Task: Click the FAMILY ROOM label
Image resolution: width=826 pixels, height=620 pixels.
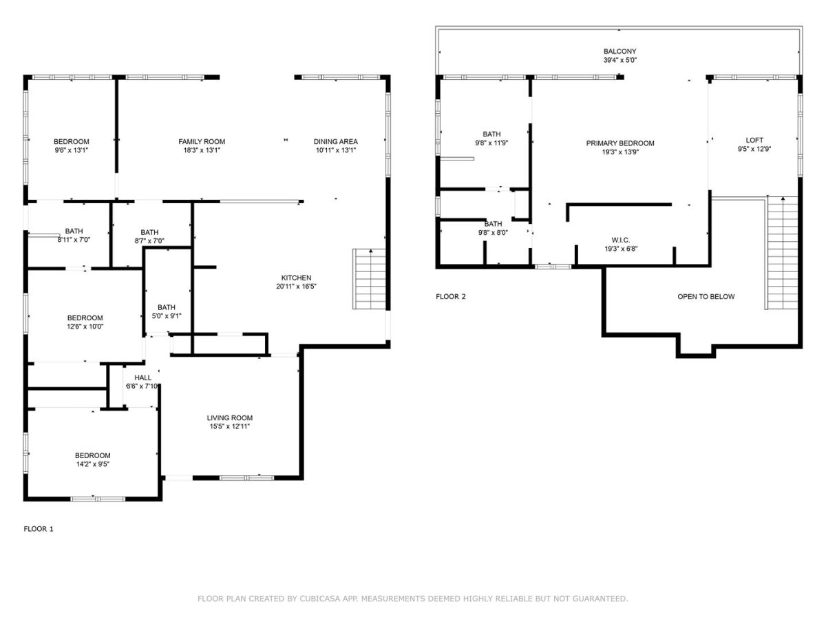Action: click(x=202, y=141)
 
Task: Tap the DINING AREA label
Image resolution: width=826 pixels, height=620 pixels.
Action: click(x=336, y=141)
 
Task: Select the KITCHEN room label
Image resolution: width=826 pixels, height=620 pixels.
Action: click(x=296, y=278)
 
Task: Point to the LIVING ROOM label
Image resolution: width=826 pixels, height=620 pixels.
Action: click(x=229, y=418)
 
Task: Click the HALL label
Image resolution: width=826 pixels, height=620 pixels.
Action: click(x=142, y=378)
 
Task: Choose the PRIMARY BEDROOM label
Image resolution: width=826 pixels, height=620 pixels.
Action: click(x=620, y=143)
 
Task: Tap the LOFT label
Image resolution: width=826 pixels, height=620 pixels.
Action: click(x=754, y=140)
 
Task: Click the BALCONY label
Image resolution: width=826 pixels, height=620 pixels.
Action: click(x=619, y=51)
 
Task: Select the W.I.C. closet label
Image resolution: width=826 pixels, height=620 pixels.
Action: click(x=621, y=240)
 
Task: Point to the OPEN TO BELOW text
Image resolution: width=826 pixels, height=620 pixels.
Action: click(x=706, y=297)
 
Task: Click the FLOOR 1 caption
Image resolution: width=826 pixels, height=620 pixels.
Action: click(x=39, y=529)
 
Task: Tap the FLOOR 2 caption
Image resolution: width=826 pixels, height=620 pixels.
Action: click(x=450, y=297)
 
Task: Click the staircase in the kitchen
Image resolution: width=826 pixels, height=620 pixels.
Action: click(x=369, y=279)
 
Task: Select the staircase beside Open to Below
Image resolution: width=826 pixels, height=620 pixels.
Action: click(x=782, y=253)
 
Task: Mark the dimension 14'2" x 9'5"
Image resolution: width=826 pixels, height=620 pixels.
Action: click(x=92, y=464)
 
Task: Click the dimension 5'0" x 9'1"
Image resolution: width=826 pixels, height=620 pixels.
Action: click(x=167, y=316)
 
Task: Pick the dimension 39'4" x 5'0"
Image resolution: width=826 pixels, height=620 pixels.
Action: click(x=620, y=60)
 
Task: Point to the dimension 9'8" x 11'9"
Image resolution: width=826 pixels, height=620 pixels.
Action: click(x=491, y=143)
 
